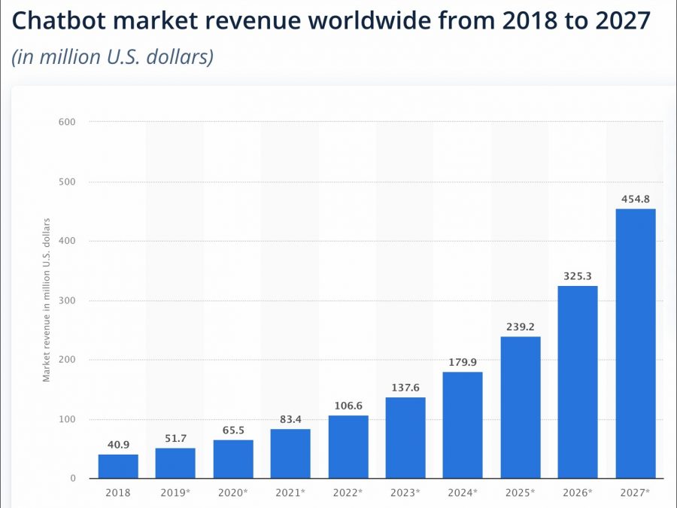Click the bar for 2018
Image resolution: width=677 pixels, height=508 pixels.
[117, 467]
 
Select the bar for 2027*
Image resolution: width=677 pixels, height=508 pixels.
[636, 343]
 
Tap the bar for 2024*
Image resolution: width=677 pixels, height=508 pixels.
[463, 425]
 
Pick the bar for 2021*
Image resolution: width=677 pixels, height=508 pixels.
[290, 454]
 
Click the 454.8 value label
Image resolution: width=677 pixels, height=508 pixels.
[636, 199]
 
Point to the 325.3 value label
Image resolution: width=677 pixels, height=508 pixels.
[578, 276]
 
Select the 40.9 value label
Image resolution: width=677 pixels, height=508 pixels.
[117, 445]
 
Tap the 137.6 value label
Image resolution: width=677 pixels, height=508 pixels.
[405, 387]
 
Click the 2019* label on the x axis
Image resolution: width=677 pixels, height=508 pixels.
[175, 493]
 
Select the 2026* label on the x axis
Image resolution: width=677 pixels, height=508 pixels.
[578, 493]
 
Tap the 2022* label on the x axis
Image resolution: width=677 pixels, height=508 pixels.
[348, 493]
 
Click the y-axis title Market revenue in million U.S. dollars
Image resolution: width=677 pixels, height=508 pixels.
[47, 300]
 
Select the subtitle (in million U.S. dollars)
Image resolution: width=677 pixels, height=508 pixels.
[113, 57]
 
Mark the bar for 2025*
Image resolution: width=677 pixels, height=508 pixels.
[521, 408]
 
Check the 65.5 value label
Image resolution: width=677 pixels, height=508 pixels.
[232, 430]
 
